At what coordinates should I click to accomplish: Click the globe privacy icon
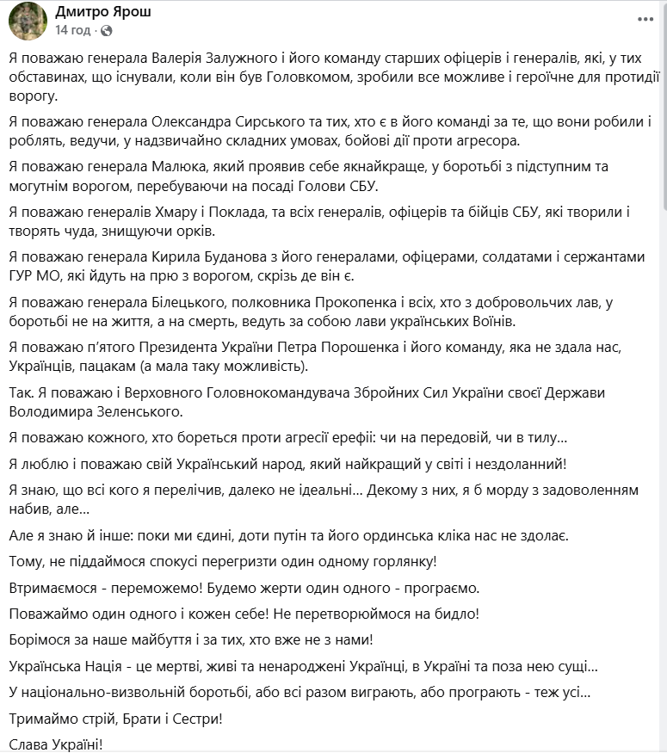(x=106, y=30)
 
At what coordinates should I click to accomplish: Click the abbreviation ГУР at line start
(x=25, y=275)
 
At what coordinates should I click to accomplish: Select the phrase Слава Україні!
(x=56, y=743)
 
